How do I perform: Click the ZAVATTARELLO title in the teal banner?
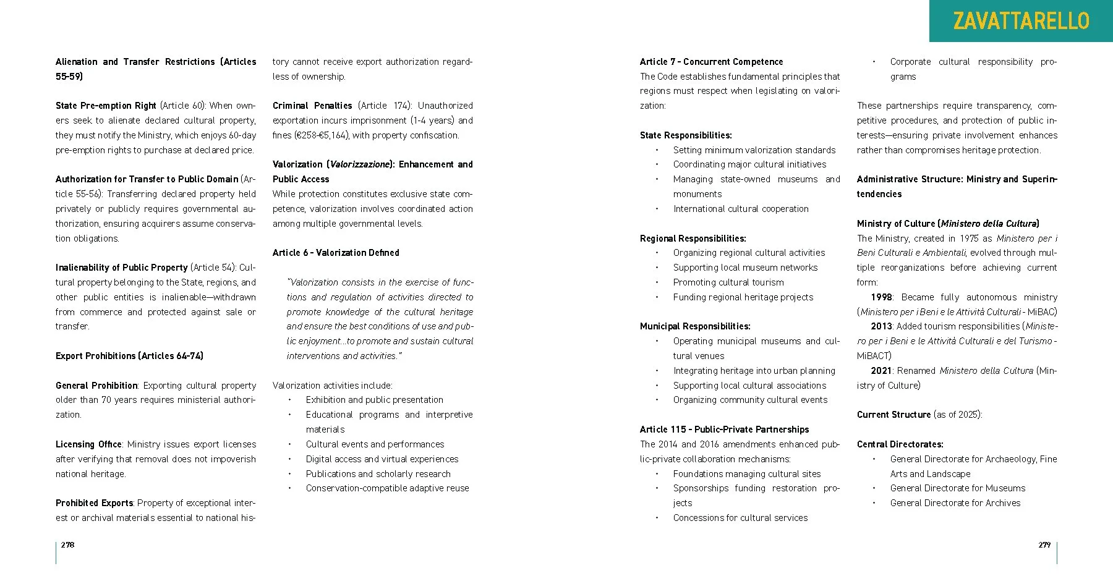coord(1021,21)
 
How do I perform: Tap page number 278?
coord(67,544)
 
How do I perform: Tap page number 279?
coord(1044,544)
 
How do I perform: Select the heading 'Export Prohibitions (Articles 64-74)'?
coord(129,356)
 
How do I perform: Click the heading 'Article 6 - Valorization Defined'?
coord(336,253)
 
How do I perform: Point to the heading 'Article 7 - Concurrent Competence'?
coord(711,62)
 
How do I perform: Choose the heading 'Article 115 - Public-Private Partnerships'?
coord(724,430)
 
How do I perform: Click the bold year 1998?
coord(882,297)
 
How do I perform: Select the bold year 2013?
coord(882,326)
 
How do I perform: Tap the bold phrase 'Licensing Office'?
coord(88,444)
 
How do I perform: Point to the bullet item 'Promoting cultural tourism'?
coord(728,282)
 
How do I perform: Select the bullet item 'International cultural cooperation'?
coord(741,209)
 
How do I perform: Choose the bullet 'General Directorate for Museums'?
coord(957,488)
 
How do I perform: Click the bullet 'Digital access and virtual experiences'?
coord(382,459)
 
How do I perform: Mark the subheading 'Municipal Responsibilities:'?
coord(695,326)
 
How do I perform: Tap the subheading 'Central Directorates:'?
coord(900,444)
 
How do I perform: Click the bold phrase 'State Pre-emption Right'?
coord(106,106)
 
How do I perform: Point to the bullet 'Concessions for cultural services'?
coord(740,518)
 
